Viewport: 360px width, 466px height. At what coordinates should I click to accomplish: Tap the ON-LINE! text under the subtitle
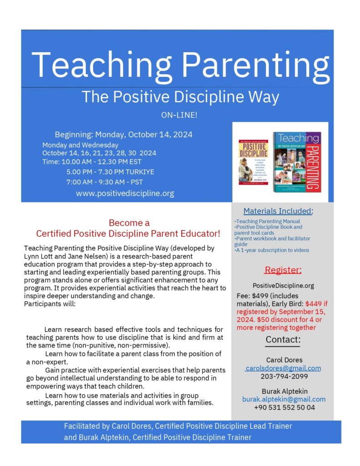(x=180, y=115)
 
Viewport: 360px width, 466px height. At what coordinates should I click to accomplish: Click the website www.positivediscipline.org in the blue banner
(x=125, y=193)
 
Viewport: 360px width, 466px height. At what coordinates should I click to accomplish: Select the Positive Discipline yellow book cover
(x=254, y=162)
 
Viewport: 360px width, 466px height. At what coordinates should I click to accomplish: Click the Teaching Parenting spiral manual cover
(x=296, y=162)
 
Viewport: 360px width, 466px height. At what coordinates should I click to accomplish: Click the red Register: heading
(x=283, y=270)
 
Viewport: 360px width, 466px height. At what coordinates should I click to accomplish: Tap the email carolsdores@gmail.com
(x=283, y=368)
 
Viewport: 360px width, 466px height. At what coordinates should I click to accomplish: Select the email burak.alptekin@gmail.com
(x=284, y=399)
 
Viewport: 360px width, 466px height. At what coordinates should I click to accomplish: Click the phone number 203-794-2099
(x=283, y=376)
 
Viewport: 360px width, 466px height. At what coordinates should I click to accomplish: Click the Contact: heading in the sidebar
(x=283, y=340)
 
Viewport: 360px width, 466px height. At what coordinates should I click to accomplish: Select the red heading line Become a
(x=129, y=223)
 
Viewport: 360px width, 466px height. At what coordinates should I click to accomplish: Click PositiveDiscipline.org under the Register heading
(x=283, y=286)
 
